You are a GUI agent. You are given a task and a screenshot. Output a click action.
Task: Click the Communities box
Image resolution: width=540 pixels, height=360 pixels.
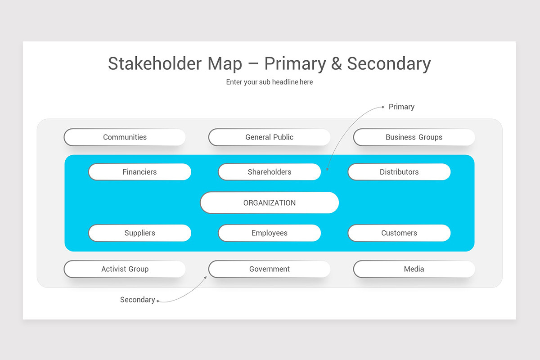coord(125,137)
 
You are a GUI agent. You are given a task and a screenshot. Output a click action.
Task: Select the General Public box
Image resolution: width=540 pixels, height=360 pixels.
coord(269,137)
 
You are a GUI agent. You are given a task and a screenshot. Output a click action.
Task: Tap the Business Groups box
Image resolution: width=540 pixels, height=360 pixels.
coord(414,137)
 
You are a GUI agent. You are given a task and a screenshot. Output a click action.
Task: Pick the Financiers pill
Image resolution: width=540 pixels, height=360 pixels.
coord(139,172)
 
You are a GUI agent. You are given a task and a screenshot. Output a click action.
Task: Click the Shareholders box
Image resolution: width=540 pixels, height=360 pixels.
coord(269,172)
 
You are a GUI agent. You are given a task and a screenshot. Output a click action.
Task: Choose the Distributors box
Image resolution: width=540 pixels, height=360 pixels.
coord(399,172)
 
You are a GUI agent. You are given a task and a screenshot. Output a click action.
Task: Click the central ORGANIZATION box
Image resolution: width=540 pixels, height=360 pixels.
coord(269,202)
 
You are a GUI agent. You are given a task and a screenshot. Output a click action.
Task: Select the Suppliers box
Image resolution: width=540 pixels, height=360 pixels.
coord(139,233)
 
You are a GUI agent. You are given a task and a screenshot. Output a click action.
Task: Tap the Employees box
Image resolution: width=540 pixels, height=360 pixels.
coord(269,233)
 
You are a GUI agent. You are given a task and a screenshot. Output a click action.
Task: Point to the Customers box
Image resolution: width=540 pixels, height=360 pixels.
coord(399,233)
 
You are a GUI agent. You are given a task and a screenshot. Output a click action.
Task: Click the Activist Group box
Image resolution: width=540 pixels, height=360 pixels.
coord(125,269)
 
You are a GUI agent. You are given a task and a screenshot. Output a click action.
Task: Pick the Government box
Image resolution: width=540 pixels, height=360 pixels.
coord(269,269)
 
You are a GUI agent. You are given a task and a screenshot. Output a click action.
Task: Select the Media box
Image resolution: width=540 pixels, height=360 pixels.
coord(414,269)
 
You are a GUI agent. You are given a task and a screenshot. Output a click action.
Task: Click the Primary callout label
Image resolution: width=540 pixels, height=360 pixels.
coord(401,107)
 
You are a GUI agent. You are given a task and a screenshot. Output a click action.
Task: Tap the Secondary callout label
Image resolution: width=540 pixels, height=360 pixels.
coord(137,300)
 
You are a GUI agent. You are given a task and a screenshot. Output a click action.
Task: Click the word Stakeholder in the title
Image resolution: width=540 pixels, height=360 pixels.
coord(155,63)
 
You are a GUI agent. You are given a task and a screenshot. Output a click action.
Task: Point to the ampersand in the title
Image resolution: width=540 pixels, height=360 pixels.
coord(336,63)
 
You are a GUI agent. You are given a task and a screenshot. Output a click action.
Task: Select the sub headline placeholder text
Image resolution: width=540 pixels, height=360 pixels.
coord(269,82)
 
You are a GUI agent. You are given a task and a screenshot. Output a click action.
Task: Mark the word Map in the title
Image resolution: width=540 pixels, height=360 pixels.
coord(225,63)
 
